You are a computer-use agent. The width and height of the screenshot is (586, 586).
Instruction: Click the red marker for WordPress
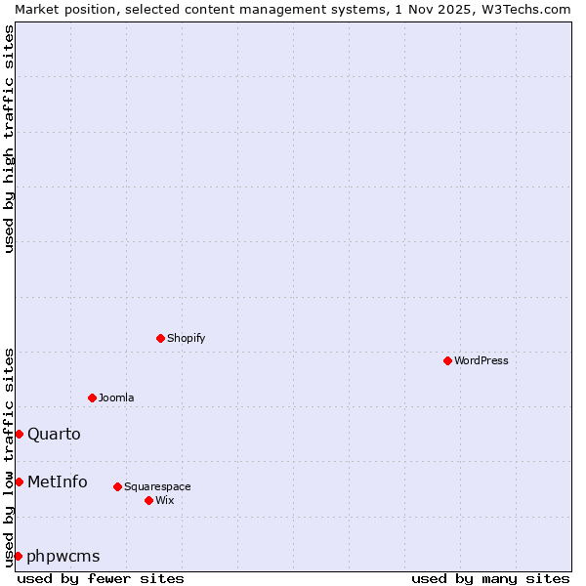point(447,360)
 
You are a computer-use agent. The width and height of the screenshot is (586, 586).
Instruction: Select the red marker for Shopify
point(160,338)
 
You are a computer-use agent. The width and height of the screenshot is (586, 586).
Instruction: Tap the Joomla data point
point(92,398)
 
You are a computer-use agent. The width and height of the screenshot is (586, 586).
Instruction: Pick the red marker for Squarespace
point(117,486)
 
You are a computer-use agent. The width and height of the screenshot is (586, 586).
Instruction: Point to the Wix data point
point(148,500)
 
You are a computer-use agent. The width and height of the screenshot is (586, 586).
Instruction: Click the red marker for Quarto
point(19,434)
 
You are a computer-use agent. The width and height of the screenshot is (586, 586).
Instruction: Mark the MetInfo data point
point(19,481)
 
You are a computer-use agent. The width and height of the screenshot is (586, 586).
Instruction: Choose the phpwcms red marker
point(19,556)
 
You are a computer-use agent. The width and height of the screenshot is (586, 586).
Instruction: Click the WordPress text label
point(481,360)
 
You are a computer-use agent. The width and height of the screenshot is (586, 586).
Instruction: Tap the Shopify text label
point(186,338)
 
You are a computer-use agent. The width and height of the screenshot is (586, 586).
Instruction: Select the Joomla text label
point(116,398)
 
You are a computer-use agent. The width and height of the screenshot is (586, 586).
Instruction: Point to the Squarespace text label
point(157,486)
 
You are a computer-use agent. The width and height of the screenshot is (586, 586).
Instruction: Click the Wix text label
point(164,500)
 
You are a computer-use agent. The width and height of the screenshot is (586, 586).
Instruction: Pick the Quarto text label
point(54,434)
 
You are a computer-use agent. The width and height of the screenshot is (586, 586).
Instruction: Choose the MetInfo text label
point(57,481)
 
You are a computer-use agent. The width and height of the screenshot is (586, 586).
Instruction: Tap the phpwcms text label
point(63,556)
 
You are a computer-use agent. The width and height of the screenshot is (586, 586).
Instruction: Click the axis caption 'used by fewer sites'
point(101,578)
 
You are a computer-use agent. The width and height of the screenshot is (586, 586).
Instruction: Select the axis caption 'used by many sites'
point(490,578)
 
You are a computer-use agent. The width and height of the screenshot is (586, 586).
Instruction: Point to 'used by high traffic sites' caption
point(10,139)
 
